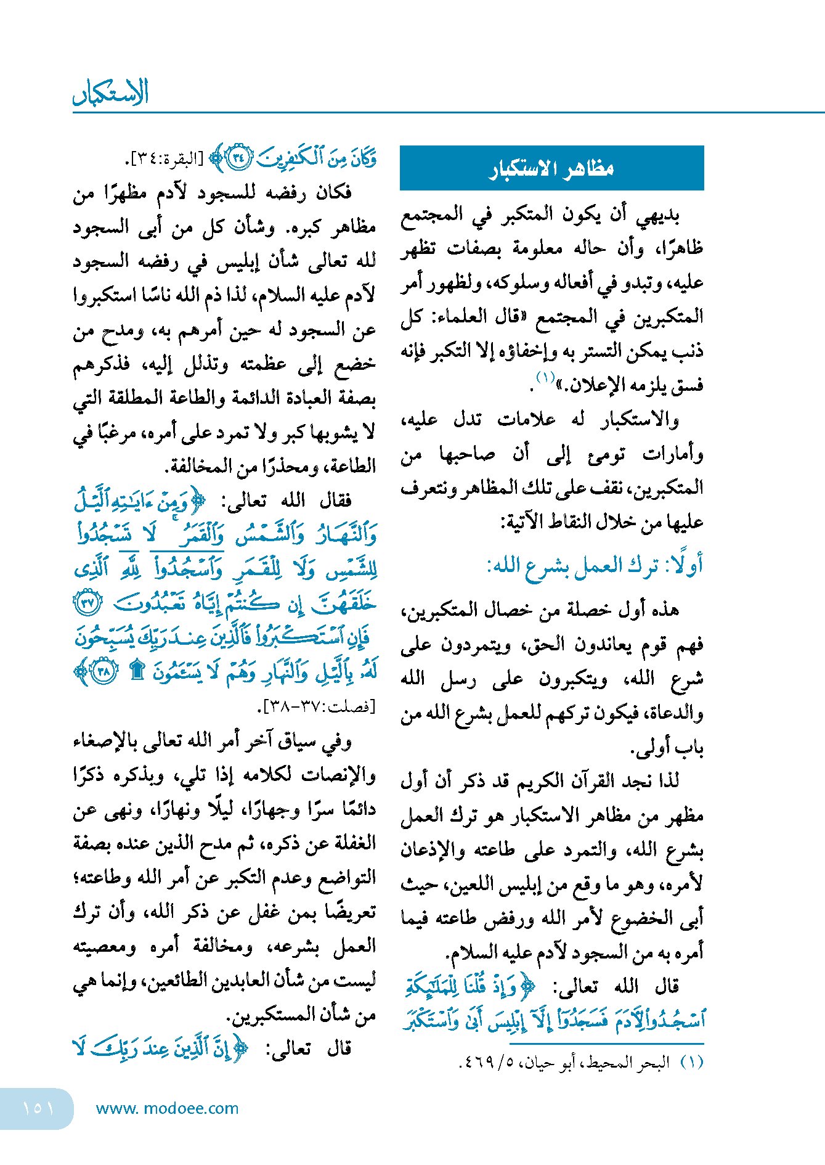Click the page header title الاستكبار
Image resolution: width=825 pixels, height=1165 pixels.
click(x=111, y=92)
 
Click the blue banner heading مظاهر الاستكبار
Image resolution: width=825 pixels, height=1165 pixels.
click(x=551, y=168)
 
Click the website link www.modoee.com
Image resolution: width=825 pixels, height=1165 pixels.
click(x=167, y=1108)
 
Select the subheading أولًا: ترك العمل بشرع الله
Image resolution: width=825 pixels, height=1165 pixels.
click(x=595, y=566)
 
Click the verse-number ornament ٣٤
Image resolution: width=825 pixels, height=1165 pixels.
click(x=239, y=158)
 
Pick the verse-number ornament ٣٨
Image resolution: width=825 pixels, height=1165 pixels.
click(x=104, y=671)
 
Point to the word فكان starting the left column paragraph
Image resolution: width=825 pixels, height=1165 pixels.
click(x=333, y=193)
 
